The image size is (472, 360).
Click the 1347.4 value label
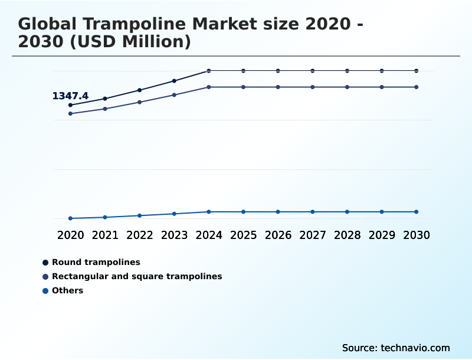[x=70, y=96]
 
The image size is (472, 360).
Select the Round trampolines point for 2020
[x=70, y=105]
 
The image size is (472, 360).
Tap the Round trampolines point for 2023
[x=174, y=81]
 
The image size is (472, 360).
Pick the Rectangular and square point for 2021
[x=105, y=109]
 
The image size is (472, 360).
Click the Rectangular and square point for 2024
[x=209, y=87]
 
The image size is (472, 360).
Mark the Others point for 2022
[x=140, y=215]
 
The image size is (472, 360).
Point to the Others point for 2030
[x=416, y=212]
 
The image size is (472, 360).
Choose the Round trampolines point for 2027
[x=313, y=71]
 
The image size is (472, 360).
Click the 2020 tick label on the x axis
[x=70, y=235]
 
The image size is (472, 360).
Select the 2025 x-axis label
[x=243, y=235]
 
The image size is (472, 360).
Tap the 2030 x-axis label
[x=416, y=235]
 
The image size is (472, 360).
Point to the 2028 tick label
[x=347, y=235]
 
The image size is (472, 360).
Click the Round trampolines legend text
[x=96, y=262]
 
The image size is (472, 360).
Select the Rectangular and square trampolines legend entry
[x=137, y=276]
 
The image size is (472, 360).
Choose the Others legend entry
[x=67, y=290]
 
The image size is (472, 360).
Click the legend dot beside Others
[x=45, y=290]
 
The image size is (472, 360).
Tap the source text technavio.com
[x=415, y=348]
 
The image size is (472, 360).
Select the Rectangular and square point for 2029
[x=382, y=87]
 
